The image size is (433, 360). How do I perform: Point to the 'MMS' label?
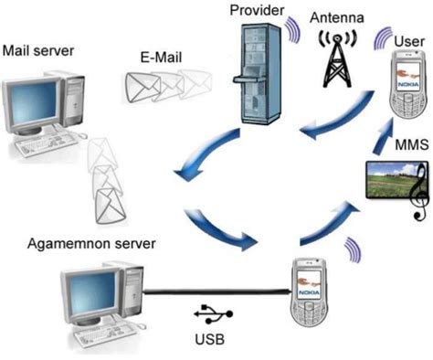(x=407, y=145)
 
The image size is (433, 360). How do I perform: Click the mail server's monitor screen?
(x=32, y=105)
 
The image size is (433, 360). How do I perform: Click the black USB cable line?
(x=210, y=293)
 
